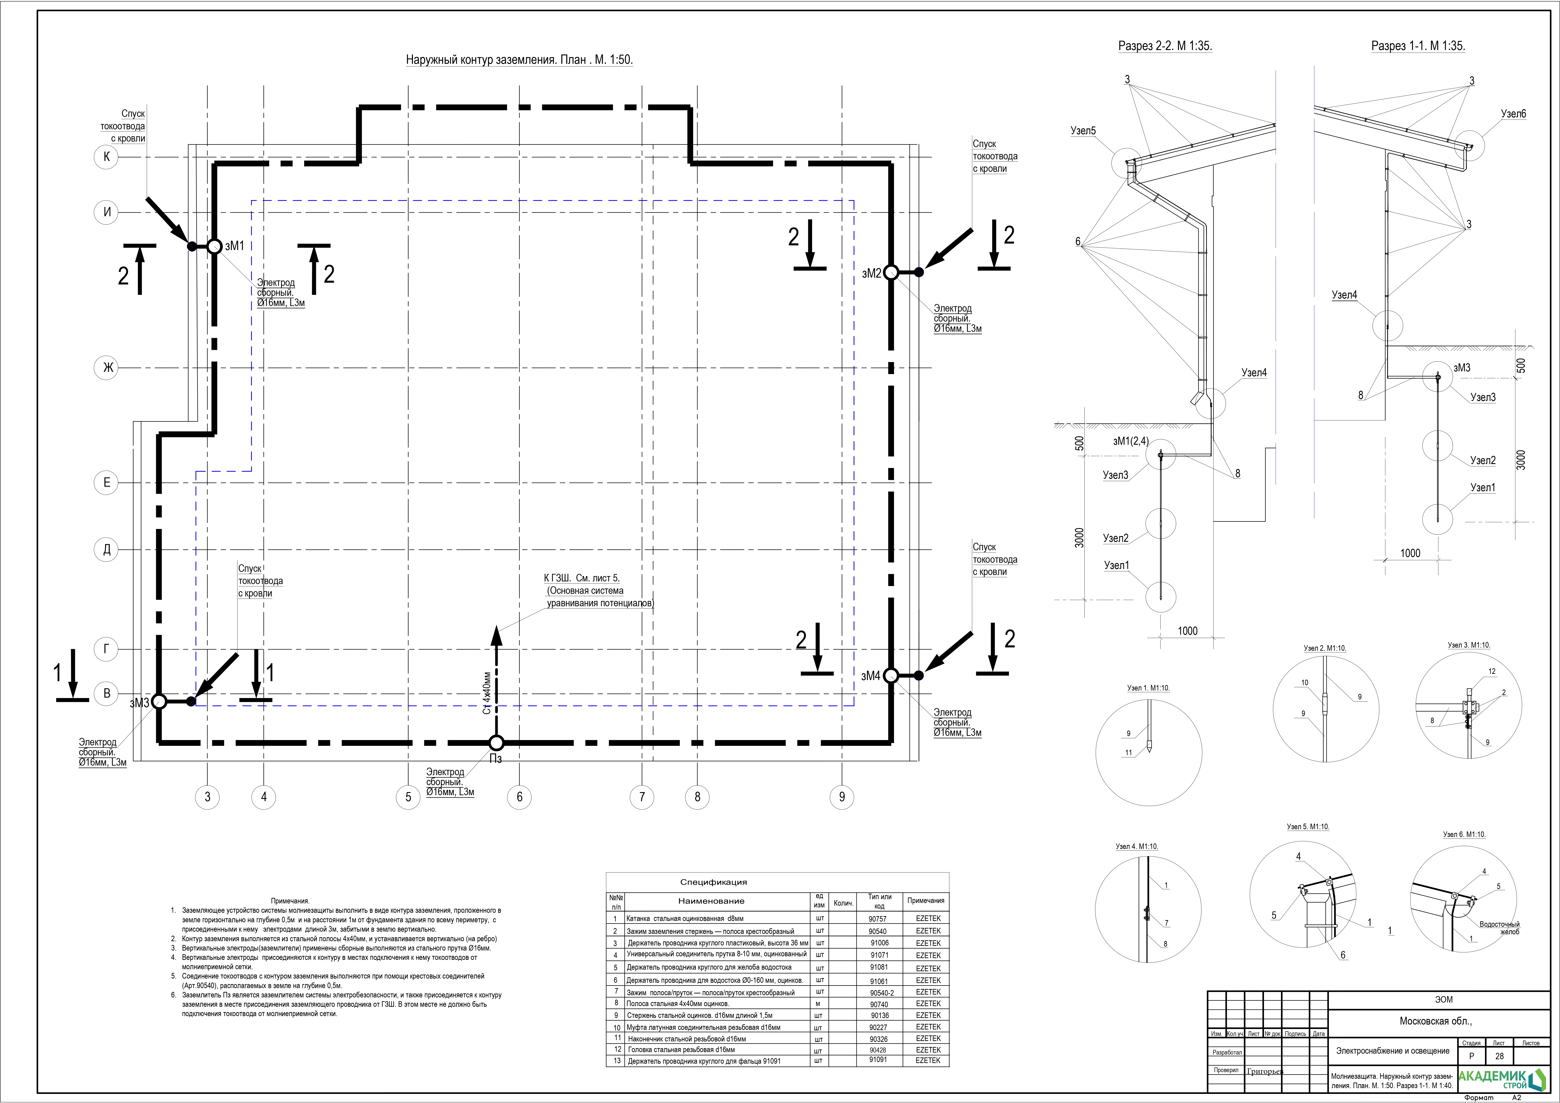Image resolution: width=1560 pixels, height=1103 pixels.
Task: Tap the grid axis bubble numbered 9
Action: coord(842,797)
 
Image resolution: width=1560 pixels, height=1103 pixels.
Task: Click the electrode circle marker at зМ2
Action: coord(891,272)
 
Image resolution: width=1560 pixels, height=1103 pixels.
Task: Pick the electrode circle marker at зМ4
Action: coord(891,675)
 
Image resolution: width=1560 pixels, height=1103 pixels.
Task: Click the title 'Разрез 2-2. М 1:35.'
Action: coord(1165,46)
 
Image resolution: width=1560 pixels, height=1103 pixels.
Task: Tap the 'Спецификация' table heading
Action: coord(713,882)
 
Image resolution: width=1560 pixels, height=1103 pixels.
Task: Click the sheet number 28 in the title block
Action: coord(1500,1056)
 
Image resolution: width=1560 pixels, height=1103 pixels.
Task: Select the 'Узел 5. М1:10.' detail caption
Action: coord(1308,827)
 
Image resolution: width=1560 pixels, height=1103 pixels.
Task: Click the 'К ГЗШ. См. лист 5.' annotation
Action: coord(582,578)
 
